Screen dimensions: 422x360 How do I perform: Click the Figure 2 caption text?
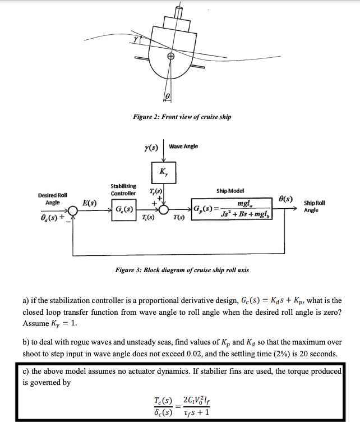point(182,117)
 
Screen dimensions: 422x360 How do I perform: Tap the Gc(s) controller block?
point(123,210)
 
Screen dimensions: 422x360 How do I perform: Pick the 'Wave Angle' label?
point(183,147)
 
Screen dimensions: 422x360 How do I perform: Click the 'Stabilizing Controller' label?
point(123,190)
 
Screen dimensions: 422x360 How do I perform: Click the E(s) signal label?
point(90,202)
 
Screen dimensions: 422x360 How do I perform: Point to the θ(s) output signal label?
point(285,198)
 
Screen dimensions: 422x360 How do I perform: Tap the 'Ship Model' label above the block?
point(229,191)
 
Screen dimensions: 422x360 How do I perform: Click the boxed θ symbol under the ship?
point(167,98)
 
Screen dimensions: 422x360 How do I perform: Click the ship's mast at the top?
point(179,11)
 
